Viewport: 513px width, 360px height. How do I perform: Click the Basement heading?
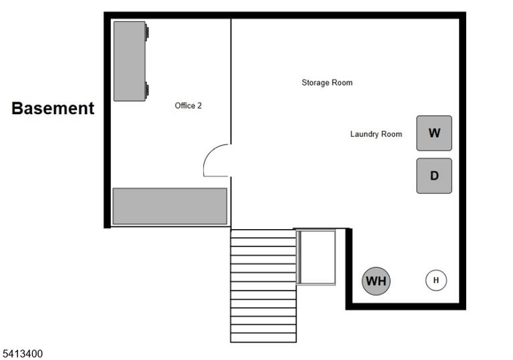pos(53,108)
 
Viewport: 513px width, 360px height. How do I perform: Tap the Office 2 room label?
pos(188,106)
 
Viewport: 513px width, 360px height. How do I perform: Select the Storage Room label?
pos(327,83)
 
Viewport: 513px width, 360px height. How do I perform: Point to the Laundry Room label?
pos(376,134)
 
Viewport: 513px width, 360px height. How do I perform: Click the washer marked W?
pos(434,133)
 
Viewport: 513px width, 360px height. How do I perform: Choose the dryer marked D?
pos(434,176)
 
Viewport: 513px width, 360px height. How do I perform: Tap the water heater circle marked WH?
pos(376,281)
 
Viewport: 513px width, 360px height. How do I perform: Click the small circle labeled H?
pos(436,280)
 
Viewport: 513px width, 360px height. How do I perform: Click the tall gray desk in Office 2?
pos(130,61)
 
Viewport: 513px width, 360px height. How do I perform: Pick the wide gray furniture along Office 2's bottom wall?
pos(170,206)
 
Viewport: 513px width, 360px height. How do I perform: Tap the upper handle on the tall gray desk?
pos(147,33)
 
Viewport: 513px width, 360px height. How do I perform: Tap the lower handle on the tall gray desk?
pos(147,89)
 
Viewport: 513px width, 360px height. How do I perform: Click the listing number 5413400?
pos(23,354)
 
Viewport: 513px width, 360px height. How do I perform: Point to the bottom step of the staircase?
pos(263,338)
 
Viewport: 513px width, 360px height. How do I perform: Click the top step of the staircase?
pos(263,234)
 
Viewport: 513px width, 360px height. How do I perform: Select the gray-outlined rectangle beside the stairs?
pos(316,257)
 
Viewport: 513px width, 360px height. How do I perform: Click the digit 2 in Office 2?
pos(200,106)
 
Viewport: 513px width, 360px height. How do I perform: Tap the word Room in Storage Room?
pos(343,82)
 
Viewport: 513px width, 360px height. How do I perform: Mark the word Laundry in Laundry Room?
pos(363,134)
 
